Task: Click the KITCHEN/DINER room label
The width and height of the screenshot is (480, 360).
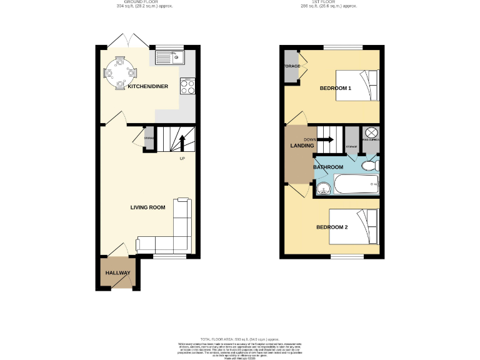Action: [x=147, y=87]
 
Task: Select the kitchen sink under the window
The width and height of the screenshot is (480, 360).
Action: [x=167, y=59]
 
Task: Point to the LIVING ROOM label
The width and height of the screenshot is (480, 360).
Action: [x=147, y=207]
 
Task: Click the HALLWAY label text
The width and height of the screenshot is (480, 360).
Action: [x=117, y=273]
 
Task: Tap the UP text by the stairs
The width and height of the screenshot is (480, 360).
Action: [x=182, y=158]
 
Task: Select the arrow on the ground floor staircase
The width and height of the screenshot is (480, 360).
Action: [x=182, y=141]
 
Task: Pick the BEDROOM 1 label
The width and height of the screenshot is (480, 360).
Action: [x=336, y=88]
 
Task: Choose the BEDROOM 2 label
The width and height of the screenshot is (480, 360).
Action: [x=332, y=227]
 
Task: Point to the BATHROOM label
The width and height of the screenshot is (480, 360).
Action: [x=328, y=167]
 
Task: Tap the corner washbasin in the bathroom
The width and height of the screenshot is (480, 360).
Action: [x=322, y=189]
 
